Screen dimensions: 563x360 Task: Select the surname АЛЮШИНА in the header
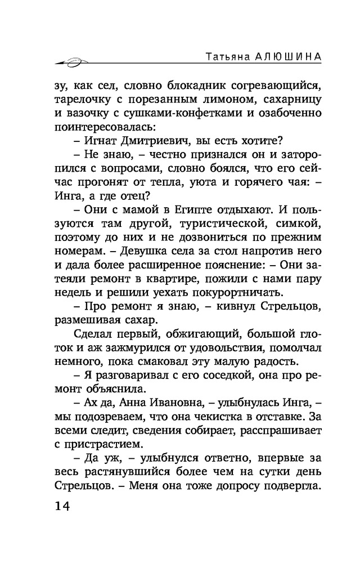(279, 59)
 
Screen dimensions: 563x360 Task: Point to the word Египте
(183, 210)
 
